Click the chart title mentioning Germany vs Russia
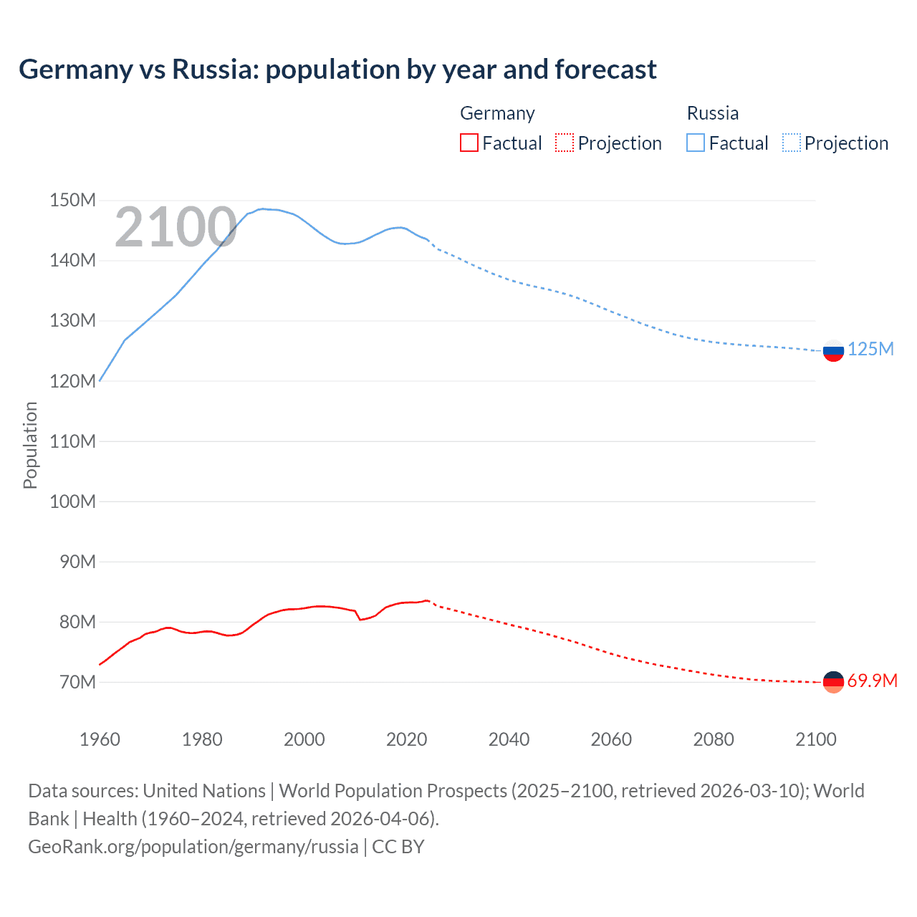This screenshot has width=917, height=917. click(337, 69)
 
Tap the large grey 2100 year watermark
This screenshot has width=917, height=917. click(176, 227)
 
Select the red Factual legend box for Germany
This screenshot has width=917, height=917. click(469, 143)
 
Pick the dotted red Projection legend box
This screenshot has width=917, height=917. click(565, 143)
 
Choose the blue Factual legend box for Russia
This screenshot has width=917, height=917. click(696, 143)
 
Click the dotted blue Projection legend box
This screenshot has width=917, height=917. click(792, 143)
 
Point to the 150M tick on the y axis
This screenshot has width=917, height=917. click(72, 201)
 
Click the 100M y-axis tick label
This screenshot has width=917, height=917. click(72, 501)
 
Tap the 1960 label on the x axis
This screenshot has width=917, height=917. click(100, 739)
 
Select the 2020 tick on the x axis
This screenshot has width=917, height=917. click(406, 739)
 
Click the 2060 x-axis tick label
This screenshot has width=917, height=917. click(611, 739)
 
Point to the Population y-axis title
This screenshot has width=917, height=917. click(30, 445)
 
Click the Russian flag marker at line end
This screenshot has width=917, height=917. click(833, 351)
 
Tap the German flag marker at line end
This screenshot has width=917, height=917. click(833, 682)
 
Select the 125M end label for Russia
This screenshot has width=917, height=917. click(870, 349)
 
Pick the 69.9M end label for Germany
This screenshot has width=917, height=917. click(872, 681)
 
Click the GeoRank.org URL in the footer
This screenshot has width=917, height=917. click(193, 847)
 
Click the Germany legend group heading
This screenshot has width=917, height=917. click(497, 113)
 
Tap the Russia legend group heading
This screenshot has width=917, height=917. click(712, 113)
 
